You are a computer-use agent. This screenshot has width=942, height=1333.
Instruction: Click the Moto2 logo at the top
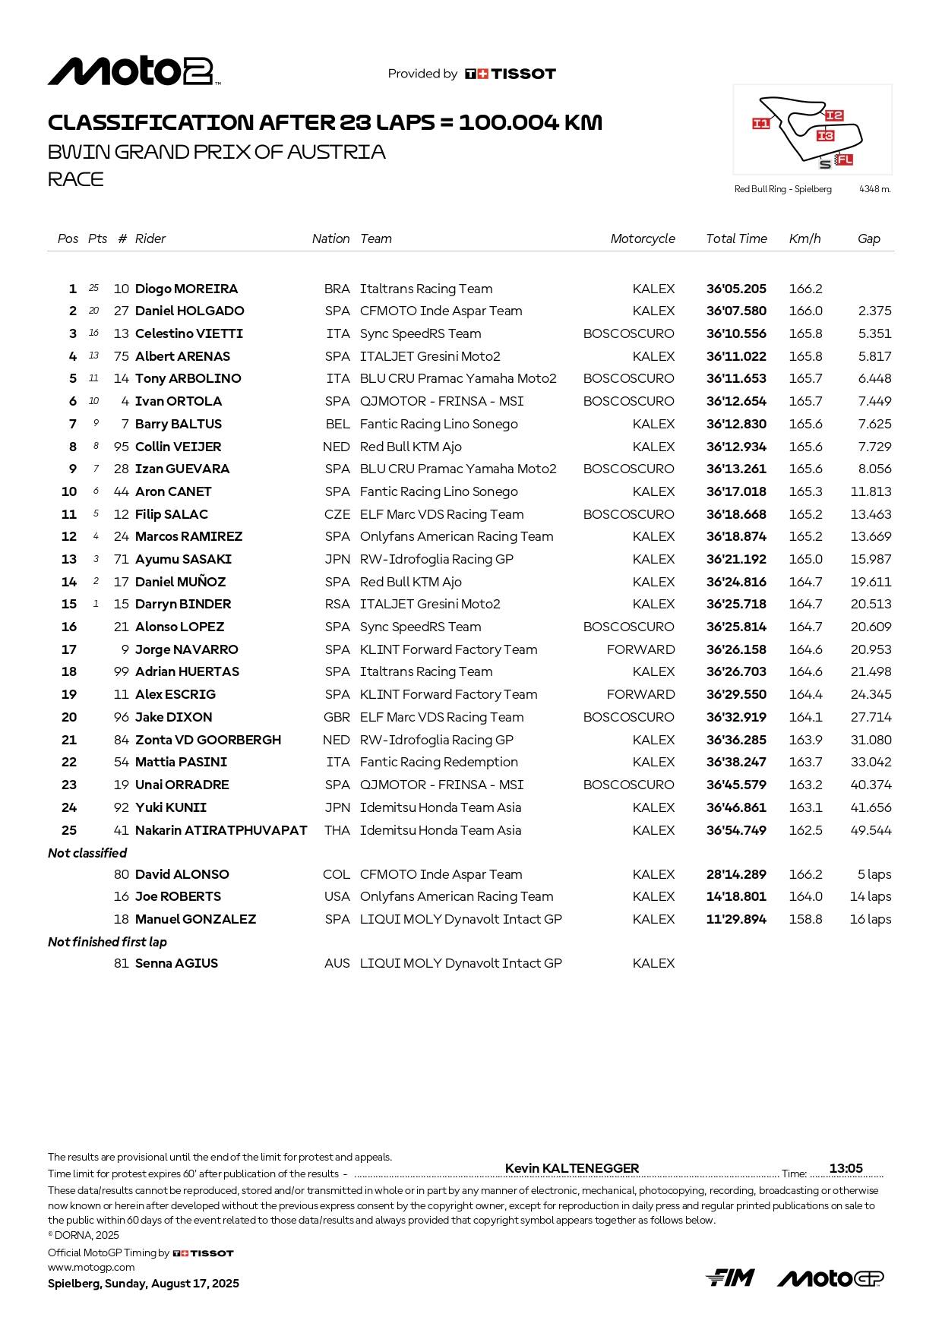coord(134,71)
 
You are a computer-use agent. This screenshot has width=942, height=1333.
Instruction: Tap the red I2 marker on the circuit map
coord(833,115)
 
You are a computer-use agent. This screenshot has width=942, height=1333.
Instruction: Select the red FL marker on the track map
coord(844,160)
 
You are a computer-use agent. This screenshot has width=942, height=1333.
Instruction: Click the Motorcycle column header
coord(642,238)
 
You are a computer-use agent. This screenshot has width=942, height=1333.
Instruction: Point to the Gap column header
coord(868,238)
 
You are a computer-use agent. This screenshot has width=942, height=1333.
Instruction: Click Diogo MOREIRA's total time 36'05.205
coord(735,289)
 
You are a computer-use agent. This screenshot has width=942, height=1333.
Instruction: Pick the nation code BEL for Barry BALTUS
coord(337,424)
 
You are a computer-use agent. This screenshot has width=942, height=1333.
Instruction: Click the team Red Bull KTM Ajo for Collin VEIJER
coord(410,447)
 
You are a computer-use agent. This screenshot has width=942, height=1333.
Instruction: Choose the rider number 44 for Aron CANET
coord(121,491)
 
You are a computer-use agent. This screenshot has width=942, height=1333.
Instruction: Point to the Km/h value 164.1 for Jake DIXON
coord(805,717)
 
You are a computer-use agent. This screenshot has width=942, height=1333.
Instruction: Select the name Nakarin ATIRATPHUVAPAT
coord(220,830)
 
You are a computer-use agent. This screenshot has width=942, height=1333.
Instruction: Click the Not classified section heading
coord(87,853)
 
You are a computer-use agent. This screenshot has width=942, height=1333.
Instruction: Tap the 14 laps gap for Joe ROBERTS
coord(870,896)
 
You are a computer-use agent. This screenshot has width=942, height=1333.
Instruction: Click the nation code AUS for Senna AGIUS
coord(337,963)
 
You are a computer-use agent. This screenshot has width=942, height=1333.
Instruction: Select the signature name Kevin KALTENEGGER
coord(571,1168)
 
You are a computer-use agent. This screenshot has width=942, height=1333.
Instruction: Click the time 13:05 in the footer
coord(846,1168)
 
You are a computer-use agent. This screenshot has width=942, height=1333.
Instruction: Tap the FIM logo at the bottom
coord(729,1278)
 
